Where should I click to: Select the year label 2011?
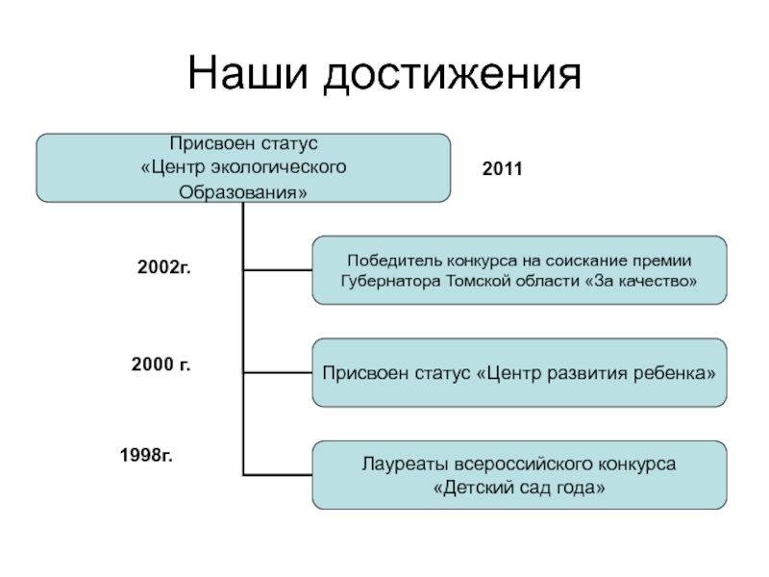[x=501, y=169]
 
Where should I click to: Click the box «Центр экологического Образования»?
[x=243, y=168]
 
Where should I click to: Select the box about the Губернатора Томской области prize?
[x=519, y=270]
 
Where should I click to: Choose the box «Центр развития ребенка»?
[x=519, y=371]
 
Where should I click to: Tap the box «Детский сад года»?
[x=519, y=475]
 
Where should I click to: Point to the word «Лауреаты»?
[x=397, y=464]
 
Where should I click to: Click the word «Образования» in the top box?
[x=243, y=192]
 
